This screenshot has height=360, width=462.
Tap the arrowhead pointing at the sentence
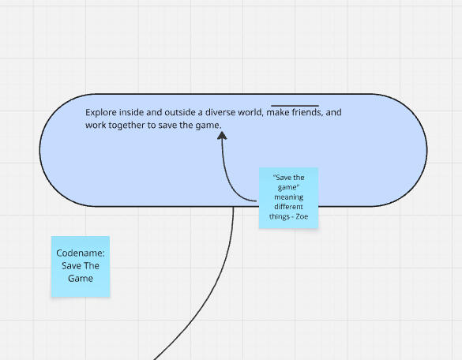coord(222,136)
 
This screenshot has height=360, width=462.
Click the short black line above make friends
coord(295,105)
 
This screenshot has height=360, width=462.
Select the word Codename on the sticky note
coord(81,253)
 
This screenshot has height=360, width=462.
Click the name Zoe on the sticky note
coord(302,216)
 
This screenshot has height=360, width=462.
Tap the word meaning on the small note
coord(289,197)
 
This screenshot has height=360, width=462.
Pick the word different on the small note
coord(289,207)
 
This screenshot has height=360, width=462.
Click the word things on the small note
coord(280,217)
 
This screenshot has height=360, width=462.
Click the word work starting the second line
coord(96,126)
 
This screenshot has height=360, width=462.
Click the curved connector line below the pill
coord(217,283)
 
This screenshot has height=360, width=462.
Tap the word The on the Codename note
coord(92,266)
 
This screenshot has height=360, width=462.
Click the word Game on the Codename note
coord(81,279)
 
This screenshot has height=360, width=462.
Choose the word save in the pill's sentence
coord(167,126)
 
